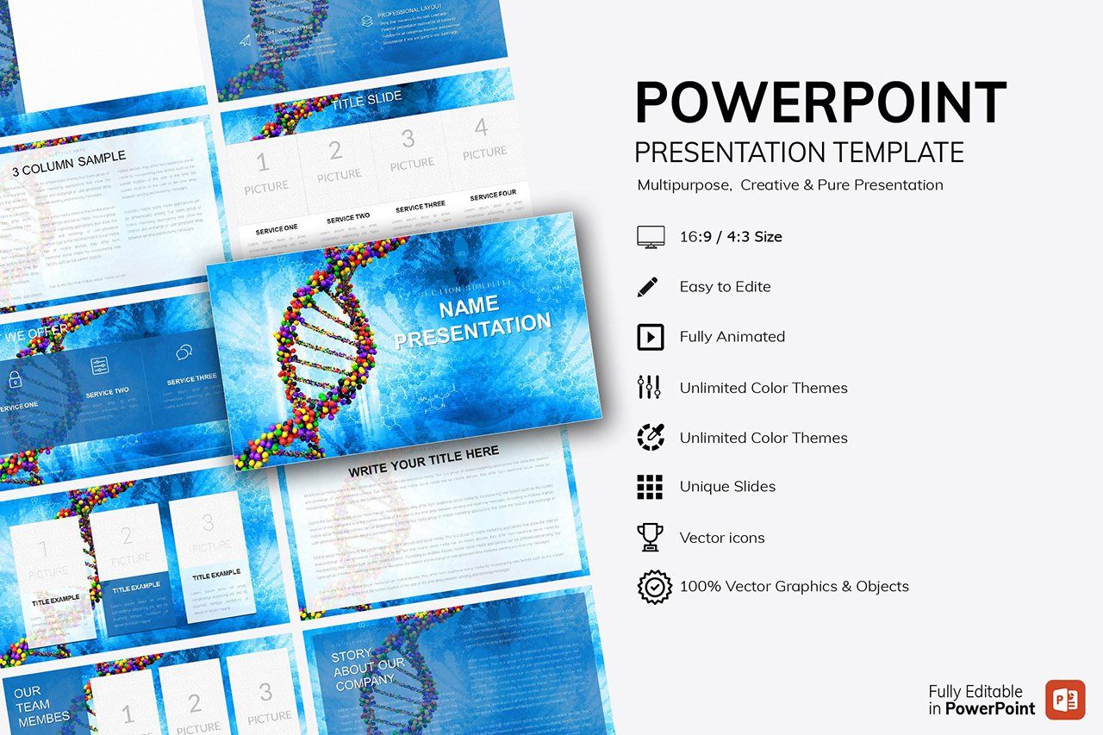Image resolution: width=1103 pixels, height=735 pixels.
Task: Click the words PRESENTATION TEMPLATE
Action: coord(799,153)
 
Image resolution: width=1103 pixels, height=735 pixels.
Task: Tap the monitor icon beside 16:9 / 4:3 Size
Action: coord(650,237)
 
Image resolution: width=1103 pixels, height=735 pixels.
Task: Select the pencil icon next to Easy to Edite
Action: coord(648,287)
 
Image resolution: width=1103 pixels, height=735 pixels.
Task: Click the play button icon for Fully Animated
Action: coord(650,337)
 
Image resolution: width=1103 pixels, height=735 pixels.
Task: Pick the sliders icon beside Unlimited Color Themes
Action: coord(649,388)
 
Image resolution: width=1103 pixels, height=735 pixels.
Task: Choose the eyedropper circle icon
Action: coord(650,438)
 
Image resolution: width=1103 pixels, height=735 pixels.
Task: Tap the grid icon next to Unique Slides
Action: coord(650,487)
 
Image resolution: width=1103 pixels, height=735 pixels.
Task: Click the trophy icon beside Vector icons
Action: coord(650,538)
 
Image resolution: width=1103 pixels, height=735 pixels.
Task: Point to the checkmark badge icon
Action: coord(654,587)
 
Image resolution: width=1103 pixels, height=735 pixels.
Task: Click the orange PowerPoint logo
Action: coord(1065,700)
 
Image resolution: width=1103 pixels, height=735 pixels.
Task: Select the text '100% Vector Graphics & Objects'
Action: coord(794,587)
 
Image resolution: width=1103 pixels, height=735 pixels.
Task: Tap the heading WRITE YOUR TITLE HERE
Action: coord(423,463)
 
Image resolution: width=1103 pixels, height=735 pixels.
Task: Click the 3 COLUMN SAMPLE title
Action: coord(69,164)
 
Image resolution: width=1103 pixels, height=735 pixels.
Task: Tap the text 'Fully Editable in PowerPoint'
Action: coord(981,700)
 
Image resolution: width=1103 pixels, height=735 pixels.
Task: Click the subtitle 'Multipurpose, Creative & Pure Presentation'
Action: coord(790,185)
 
